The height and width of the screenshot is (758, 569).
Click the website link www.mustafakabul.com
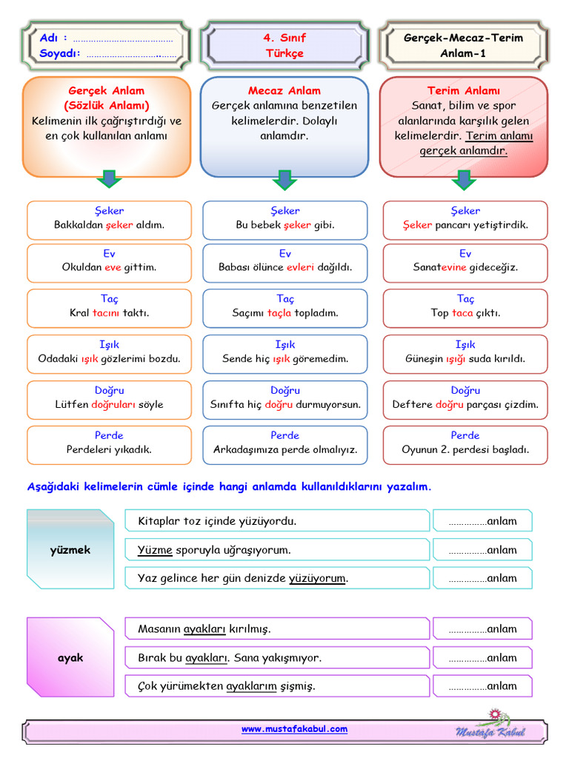[294, 728]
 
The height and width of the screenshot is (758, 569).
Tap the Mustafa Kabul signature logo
[490, 725]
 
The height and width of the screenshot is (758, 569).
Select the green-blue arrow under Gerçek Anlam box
[110, 178]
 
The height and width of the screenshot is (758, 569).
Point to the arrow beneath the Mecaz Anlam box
[284, 179]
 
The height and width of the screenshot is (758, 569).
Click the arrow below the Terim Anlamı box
[464, 179]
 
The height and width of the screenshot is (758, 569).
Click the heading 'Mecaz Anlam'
[284, 90]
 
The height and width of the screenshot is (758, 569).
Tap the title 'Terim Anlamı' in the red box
[464, 90]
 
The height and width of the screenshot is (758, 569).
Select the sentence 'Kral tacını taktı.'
[110, 313]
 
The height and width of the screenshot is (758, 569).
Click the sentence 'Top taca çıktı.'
[465, 313]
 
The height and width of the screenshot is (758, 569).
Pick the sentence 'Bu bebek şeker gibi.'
[285, 225]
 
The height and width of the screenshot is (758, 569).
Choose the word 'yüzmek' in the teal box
[70, 550]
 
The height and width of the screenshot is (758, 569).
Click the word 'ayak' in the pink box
[70, 658]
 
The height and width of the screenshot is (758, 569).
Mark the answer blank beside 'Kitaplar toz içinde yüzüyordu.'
[482, 521]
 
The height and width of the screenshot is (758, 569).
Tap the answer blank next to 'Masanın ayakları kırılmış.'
[482, 629]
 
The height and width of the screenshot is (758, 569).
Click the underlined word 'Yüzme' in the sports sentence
[155, 550]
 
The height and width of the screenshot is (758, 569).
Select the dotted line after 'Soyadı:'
[132, 56]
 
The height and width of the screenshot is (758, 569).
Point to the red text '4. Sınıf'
[284, 38]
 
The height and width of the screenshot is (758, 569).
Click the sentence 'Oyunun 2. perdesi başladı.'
[465, 449]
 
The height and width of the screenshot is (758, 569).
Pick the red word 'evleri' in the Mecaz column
[300, 266]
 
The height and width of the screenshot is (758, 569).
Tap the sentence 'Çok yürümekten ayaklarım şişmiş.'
[227, 686]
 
